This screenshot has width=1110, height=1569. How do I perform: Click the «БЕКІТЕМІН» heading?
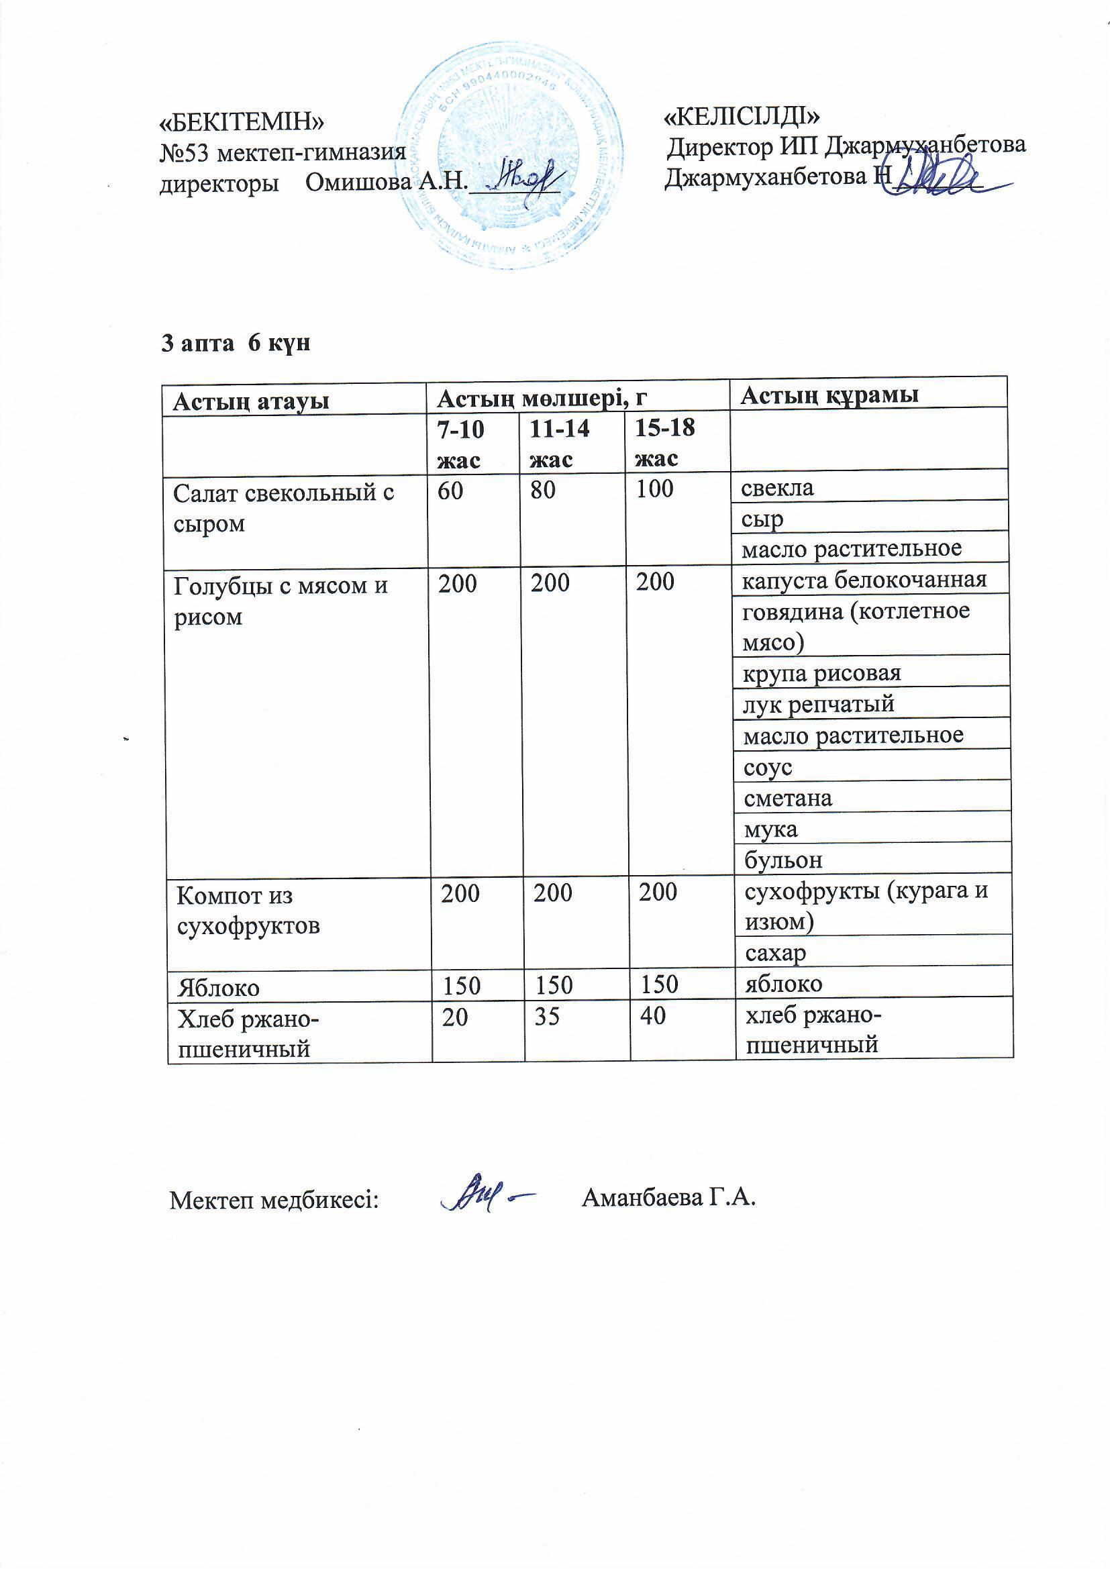242,122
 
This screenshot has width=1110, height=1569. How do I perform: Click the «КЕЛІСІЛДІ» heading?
742,115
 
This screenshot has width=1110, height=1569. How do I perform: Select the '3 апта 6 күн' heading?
236,342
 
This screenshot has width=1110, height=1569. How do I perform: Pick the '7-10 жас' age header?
460,444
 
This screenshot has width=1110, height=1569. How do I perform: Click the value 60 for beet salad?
450,489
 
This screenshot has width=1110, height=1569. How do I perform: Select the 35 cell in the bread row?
546,1016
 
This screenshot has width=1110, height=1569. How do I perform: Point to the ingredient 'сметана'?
788,798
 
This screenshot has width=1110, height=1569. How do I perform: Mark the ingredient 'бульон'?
783,860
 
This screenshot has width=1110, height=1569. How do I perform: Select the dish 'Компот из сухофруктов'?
248,909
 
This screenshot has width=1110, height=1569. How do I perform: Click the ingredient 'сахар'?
776,953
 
